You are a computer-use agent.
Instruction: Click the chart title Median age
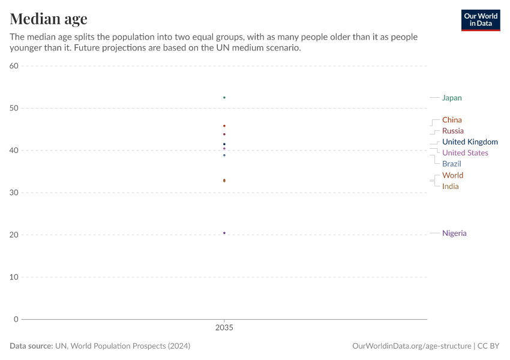click(49, 19)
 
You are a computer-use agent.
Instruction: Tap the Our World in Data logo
click(480, 20)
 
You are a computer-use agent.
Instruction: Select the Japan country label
click(452, 98)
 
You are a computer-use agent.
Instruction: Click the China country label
click(452, 120)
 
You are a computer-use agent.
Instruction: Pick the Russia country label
click(452, 131)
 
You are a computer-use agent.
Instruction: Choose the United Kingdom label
click(470, 142)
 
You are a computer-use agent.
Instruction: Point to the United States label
click(465, 153)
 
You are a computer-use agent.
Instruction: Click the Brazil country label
click(451, 164)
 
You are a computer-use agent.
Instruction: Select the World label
click(452, 175)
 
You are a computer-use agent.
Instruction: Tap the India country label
click(450, 186)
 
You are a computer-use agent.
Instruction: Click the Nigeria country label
click(454, 233)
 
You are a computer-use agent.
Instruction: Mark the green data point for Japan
click(224, 97)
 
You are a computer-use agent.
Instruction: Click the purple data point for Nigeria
click(224, 233)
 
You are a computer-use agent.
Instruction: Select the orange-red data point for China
click(224, 126)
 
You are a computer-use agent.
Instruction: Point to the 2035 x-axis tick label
click(224, 329)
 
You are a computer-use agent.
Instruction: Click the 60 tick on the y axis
click(14, 66)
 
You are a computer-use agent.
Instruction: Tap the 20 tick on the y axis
click(14, 235)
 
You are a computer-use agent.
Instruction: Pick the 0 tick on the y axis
click(16, 319)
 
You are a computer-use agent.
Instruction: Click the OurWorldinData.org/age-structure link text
click(412, 346)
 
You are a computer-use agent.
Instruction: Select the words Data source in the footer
click(31, 346)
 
